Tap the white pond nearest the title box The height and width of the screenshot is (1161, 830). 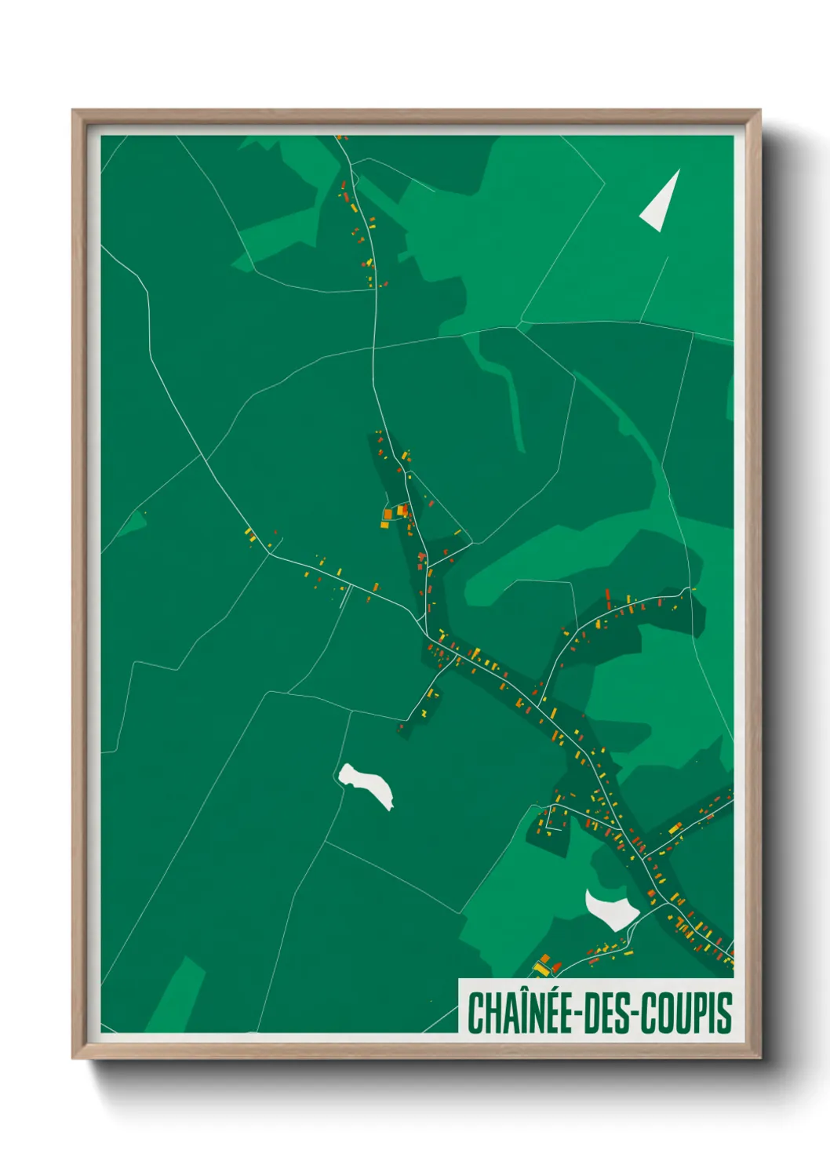pyautogui.click(x=611, y=908)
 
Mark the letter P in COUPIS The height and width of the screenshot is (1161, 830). pyautogui.click(x=704, y=1013)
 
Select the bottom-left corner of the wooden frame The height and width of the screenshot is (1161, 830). pyautogui.click(x=74, y=1057)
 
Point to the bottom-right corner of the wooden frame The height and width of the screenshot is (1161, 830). pyautogui.click(x=759, y=1057)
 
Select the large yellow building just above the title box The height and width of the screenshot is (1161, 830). pyautogui.click(x=542, y=967)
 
